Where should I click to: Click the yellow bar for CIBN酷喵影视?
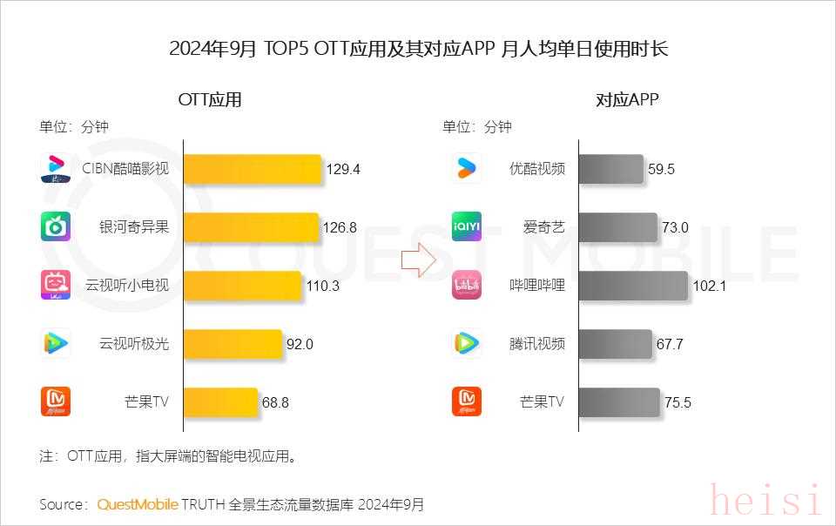tap(253, 169)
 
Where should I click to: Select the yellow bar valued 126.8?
tap(252, 227)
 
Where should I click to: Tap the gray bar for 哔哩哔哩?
tap(632, 286)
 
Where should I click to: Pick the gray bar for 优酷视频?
tap(611, 169)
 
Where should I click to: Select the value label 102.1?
tap(709, 286)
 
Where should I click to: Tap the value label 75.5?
tap(678, 402)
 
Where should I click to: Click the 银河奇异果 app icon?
tap(56, 227)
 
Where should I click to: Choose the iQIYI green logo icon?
tap(467, 227)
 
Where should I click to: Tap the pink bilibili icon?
tap(467, 286)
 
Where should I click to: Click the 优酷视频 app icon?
tap(467, 169)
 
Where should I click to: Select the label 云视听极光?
tap(134, 344)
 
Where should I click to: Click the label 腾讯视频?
tap(537, 344)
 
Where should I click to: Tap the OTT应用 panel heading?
tap(210, 99)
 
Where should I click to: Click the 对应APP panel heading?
tap(627, 99)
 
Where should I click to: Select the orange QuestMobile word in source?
tap(138, 504)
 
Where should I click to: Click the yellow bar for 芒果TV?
tap(221, 402)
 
